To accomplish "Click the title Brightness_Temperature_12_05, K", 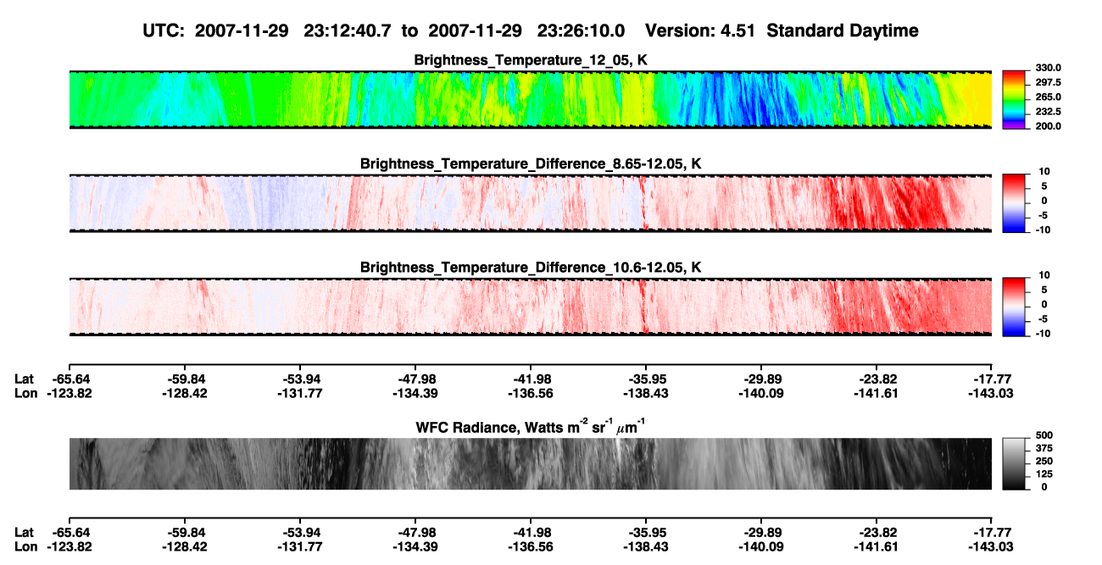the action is pyautogui.click(x=531, y=60).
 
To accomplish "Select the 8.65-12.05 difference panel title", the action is pyautogui.click(x=531, y=163).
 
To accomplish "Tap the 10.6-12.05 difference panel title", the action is pyautogui.click(x=531, y=268).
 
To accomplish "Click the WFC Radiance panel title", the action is pyautogui.click(x=531, y=427).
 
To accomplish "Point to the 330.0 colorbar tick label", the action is pyautogui.click(x=1048, y=68).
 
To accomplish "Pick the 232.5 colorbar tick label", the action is pyautogui.click(x=1048, y=112).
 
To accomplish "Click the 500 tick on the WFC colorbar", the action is pyautogui.click(x=1044, y=435).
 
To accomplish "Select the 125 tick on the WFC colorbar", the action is pyautogui.click(x=1044, y=474).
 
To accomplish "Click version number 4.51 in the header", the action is pyautogui.click(x=737, y=30).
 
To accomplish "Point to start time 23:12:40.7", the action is pyautogui.click(x=348, y=30).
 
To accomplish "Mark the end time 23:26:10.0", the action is pyautogui.click(x=581, y=30).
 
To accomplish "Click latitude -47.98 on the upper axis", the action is pyautogui.click(x=415, y=379).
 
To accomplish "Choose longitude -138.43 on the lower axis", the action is pyautogui.click(x=646, y=547).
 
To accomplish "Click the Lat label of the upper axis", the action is pyautogui.click(x=24, y=379).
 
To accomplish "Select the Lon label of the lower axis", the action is pyautogui.click(x=25, y=547).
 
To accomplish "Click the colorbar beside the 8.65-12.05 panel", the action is pyautogui.click(x=1014, y=202).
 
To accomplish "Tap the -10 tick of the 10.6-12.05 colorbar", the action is pyautogui.click(x=1044, y=334).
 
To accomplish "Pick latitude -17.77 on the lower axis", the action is pyautogui.click(x=992, y=533).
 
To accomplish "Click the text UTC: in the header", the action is pyautogui.click(x=164, y=30).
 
